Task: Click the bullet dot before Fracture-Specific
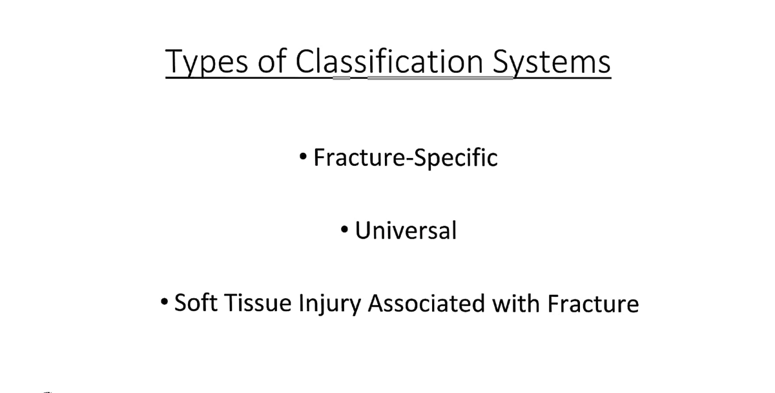coord(304,157)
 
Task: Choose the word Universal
coord(406,230)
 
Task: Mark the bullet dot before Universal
coord(346,229)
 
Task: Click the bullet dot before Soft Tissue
coord(165,302)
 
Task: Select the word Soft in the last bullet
coord(195,303)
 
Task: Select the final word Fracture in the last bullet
coord(593,303)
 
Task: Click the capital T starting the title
coord(173,62)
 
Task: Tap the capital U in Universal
coord(363,230)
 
